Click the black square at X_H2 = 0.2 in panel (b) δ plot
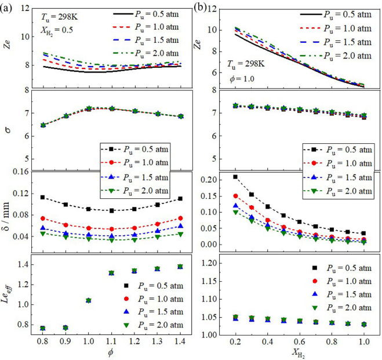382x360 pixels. point(235,177)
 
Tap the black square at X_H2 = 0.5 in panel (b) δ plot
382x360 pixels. point(283,215)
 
